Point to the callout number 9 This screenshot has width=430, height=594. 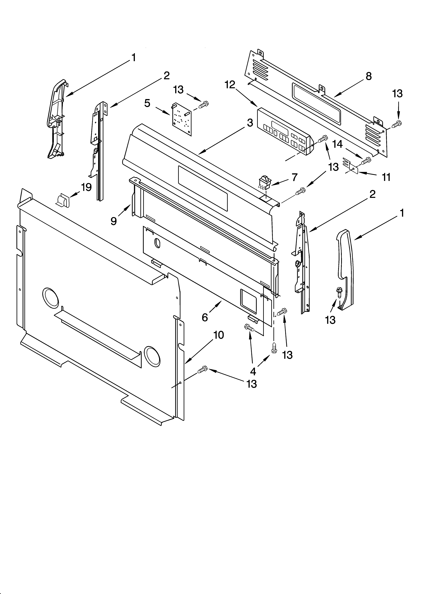pyautogui.click(x=113, y=221)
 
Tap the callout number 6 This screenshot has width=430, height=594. pyautogui.click(x=205, y=317)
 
